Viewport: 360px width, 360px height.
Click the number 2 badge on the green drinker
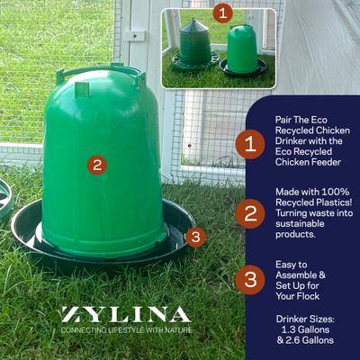98,165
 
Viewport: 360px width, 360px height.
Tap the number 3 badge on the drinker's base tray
196,238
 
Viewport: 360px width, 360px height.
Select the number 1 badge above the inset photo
223,13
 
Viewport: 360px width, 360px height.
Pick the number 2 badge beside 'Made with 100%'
249,213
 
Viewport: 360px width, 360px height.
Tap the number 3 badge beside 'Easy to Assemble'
249,279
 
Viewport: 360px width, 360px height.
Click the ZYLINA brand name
126,315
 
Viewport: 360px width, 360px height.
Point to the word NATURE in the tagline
175,330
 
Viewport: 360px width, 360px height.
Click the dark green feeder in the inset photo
194,44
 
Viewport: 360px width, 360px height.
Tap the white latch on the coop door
136,35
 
